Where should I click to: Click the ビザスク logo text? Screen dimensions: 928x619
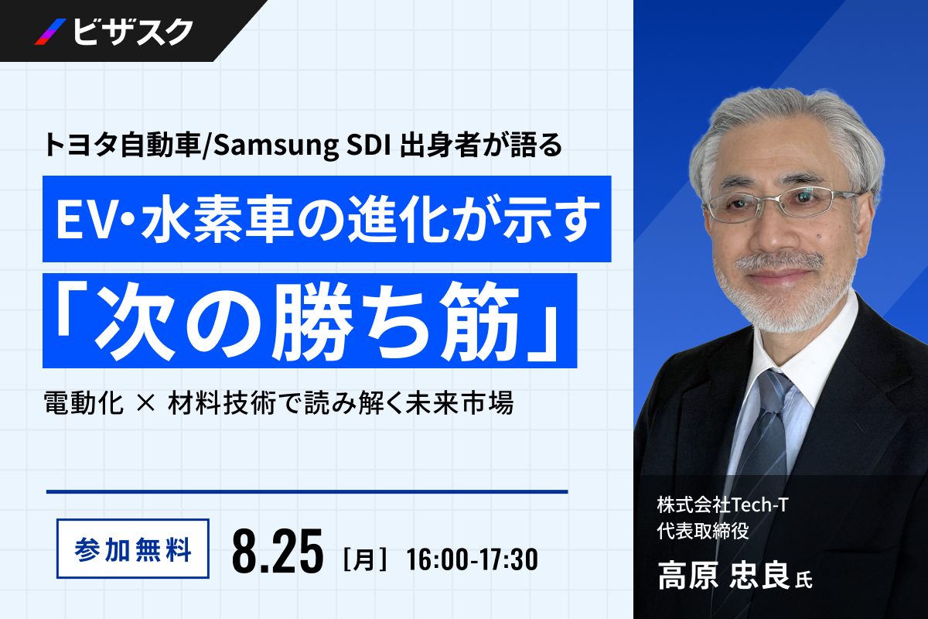[132, 32]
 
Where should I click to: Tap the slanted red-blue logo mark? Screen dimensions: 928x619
[50, 32]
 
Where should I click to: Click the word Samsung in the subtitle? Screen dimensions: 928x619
[275, 146]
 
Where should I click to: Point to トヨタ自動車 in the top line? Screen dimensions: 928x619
[122, 146]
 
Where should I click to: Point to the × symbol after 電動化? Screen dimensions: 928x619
[145, 402]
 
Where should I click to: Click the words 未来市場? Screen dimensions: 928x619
[459, 402]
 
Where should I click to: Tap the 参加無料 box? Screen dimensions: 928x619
[132, 548]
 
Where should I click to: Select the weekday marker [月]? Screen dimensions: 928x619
[365, 559]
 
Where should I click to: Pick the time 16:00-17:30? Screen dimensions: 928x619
[473, 559]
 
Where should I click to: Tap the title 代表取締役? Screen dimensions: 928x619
[703, 530]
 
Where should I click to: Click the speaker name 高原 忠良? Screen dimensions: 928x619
[724, 575]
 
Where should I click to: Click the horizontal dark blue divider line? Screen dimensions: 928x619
[307, 492]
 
